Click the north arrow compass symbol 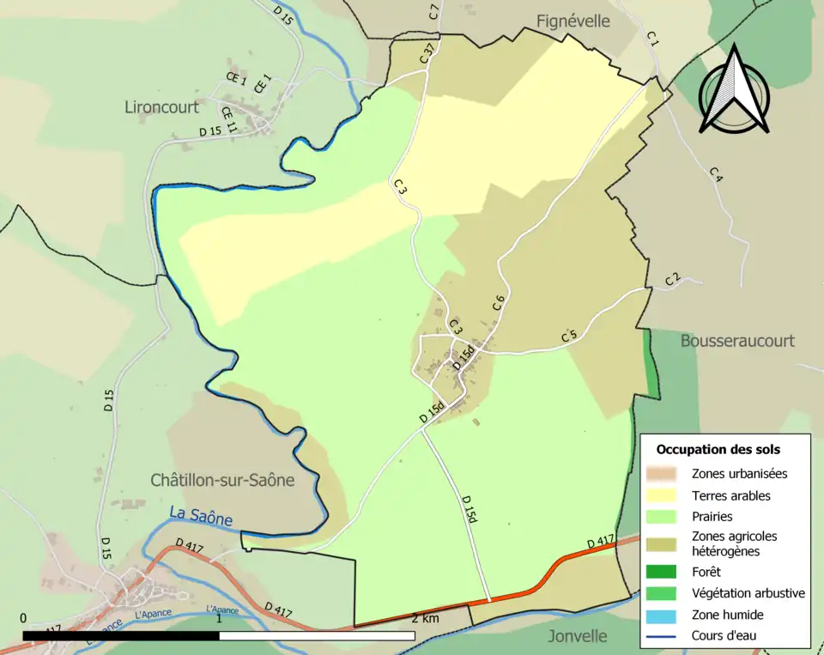733,91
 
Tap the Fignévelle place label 573,21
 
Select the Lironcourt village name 161,107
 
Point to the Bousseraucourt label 737,340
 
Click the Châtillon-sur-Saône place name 222,480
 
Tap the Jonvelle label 578,636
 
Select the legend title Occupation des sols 718,449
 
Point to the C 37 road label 427,53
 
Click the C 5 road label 568,337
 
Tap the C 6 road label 498,303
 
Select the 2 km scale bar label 425,618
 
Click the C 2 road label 673,279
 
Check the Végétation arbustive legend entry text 748,593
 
